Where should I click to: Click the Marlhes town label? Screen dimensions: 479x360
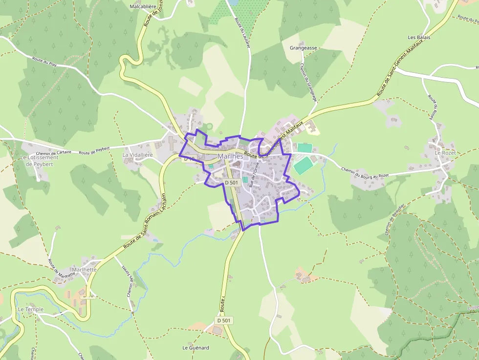pos(230,156)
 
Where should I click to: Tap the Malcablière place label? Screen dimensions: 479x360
pos(142,7)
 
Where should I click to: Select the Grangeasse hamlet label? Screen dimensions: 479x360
pos(303,48)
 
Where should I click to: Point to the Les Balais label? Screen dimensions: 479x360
pos(419,37)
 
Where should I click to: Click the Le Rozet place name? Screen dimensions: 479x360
pos(445,153)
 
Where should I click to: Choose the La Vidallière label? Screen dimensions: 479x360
pos(137,155)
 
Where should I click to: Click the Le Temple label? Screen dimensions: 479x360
pos(31,309)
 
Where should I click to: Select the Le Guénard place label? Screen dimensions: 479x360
pos(196,348)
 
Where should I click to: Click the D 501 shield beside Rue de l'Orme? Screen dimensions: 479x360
pos(231,182)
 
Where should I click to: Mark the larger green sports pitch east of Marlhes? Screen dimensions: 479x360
pos(304,165)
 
